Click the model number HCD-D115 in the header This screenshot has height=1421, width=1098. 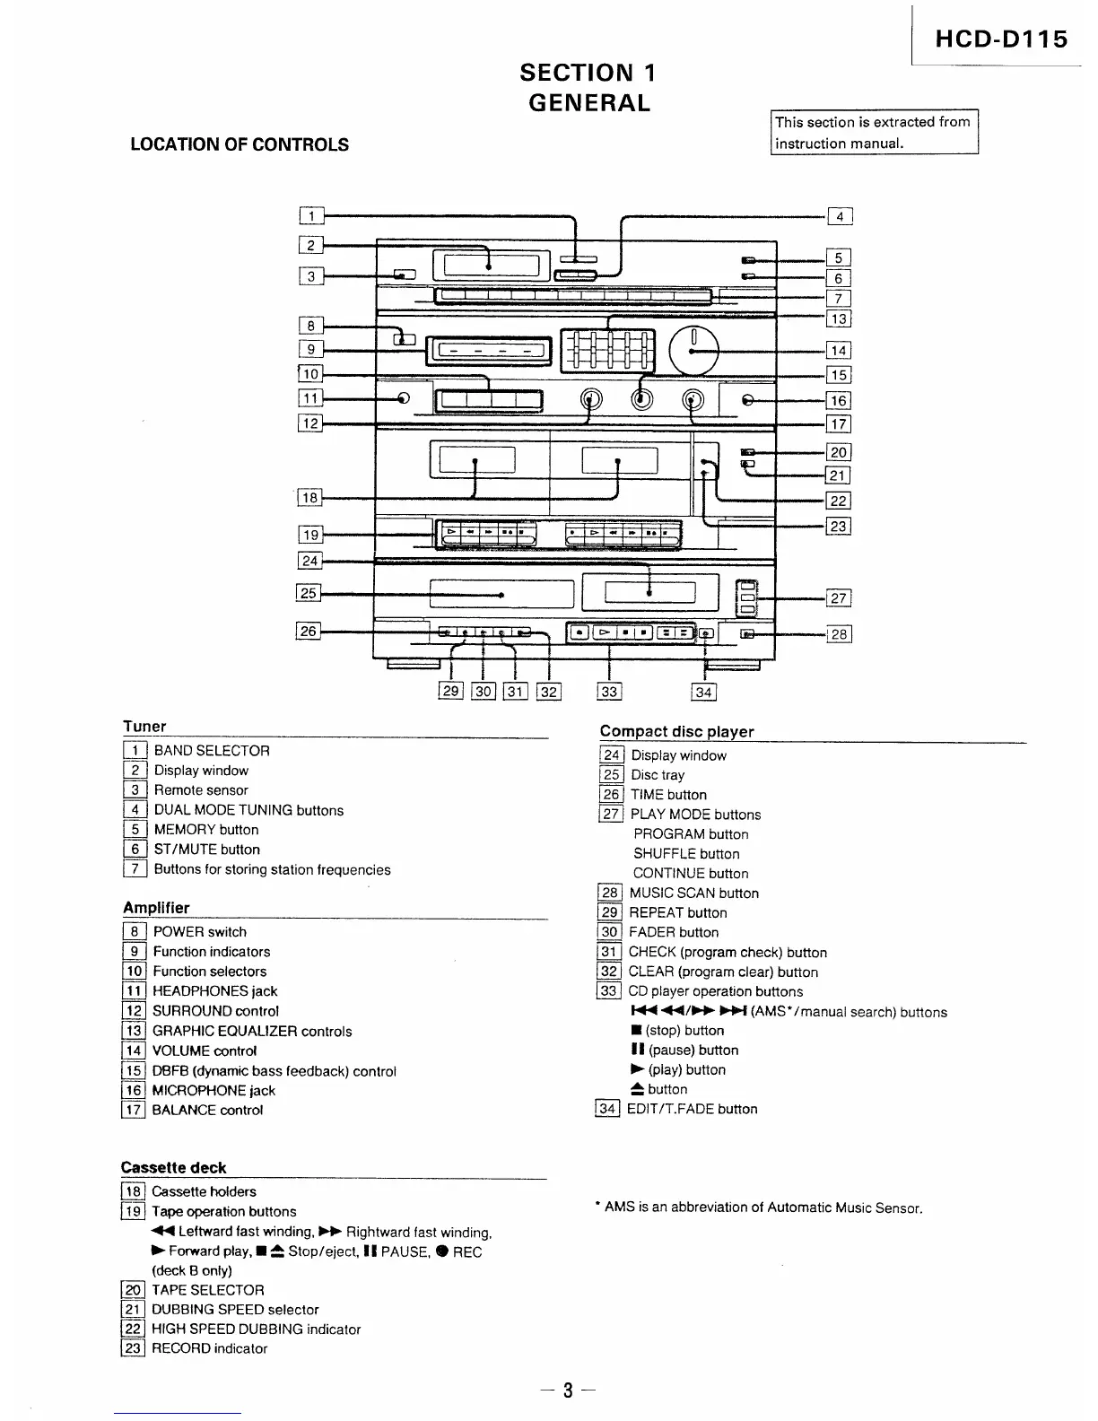point(1001,39)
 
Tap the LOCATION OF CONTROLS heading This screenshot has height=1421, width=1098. point(240,144)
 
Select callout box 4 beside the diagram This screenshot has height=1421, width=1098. point(840,216)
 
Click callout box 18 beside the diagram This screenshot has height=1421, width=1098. point(309,498)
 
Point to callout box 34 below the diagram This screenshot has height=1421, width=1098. point(703,692)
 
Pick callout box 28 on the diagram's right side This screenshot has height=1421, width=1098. point(839,634)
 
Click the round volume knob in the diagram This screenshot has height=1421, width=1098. point(694,350)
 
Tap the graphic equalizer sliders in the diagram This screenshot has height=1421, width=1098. point(608,350)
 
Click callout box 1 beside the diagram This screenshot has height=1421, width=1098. point(310,215)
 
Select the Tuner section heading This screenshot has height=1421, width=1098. point(144,727)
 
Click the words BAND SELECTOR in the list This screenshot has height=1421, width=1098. point(212,751)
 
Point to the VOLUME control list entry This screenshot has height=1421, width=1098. point(205,1050)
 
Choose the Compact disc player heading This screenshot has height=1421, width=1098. point(676,732)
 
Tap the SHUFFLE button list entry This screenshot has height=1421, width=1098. point(686,854)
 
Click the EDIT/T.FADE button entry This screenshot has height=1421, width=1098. point(692,1109)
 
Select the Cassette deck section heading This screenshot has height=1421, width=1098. point(173,1168)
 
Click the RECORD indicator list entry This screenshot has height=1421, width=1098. point(209,1348)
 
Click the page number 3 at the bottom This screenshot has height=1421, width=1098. point(567,1391)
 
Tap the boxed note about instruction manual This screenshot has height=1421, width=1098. point(874,133)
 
